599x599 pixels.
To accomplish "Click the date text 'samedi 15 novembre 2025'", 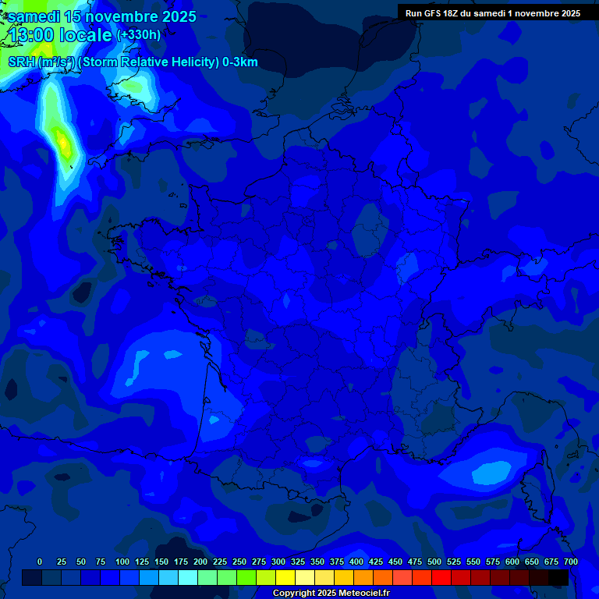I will coord(102,16).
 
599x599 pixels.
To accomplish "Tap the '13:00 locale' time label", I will coord(61,35).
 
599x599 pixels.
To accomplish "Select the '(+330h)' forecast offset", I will coord(139,35).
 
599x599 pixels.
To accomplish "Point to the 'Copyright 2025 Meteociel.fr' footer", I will coord(330,594).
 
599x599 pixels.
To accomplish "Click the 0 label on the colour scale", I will coord(40,562).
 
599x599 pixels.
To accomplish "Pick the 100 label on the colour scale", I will coord(122,562).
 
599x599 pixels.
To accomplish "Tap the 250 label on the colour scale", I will coord(239,562).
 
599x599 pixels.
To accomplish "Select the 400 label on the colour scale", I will coord(356,562).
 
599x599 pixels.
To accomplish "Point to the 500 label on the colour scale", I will coord(434,562).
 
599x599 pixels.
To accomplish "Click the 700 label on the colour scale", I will coord(571,562).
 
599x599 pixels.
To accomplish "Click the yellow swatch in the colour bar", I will coord(285,578).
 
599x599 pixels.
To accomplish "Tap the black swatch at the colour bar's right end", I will coord(558,578).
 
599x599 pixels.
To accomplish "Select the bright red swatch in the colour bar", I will coord(441,578).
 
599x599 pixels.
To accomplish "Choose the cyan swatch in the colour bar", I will coord(188,578).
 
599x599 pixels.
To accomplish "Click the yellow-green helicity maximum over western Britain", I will coord(62,142).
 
